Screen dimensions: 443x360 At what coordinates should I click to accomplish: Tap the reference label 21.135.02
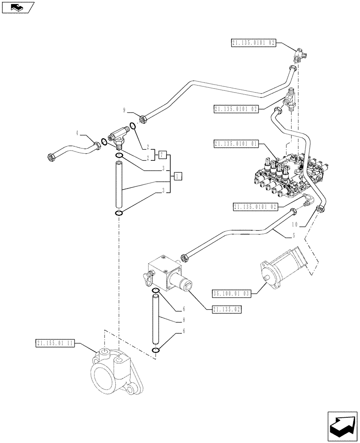click(224, 310)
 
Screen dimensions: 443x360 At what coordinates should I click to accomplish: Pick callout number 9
click(125, 109)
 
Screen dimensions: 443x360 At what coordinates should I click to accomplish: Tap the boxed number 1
click(177, 177)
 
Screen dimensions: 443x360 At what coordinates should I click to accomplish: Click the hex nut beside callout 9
click(143, 118)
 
